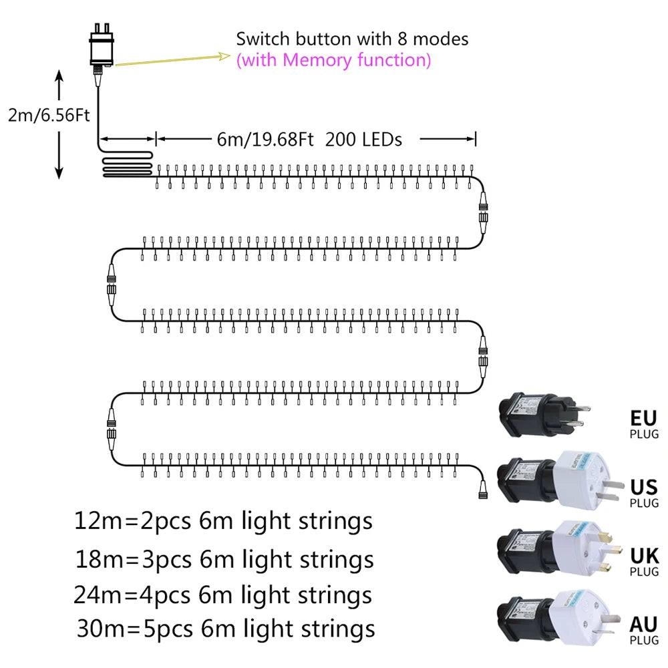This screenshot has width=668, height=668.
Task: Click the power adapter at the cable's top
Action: point(101,48)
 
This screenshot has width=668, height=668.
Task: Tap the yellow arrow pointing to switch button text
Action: point(174,60)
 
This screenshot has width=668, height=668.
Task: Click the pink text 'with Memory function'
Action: point(333,60)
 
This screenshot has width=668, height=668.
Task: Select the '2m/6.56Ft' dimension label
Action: point(49,116)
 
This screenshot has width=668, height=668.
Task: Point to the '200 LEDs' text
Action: point(363,139)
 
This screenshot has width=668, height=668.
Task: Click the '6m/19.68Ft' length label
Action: point(265,139)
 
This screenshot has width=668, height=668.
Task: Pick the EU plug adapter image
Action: point(540,413)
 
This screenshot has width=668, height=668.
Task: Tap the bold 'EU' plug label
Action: point(643,419)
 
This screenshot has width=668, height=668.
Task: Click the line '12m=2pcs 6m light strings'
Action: point(223,521)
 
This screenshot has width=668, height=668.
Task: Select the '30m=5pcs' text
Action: point(134,629)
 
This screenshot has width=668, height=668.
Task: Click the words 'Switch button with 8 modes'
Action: point(352,39)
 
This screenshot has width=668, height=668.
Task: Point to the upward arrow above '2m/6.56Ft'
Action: point(59,86)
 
